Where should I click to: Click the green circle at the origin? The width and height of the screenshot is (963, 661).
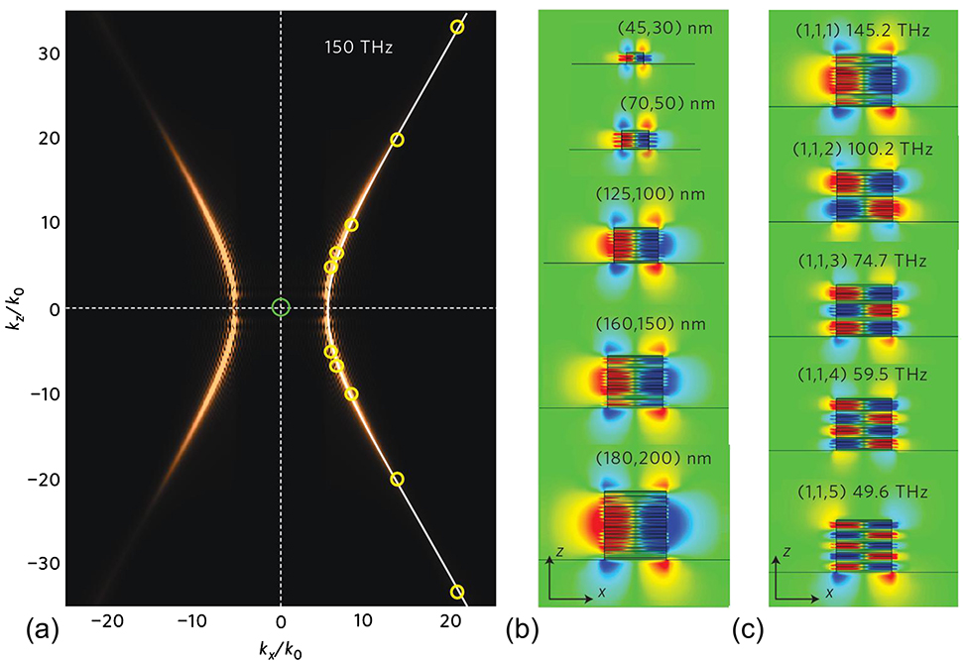pyautogui.click(x=281, y=307)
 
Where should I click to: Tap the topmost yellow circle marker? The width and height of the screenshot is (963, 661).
pyautogui.click(x=457, y=27)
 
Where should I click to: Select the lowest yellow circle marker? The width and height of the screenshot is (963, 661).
pyautogui.click(x=457, y=592)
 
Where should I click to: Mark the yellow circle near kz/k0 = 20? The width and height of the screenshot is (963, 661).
pyautogui.click(x=397, y=140)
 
